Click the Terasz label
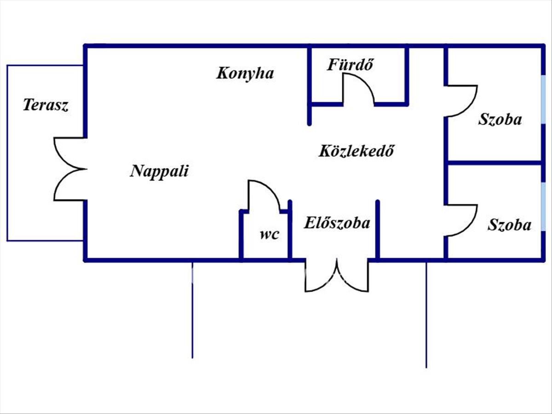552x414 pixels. pos(46,105)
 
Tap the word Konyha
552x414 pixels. pos(245,73)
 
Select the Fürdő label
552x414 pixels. pos(349,65)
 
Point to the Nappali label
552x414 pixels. pos(160,171)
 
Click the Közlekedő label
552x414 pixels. pos(357,151)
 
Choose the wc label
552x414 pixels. pos(269,235)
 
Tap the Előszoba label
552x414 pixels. pos(337,224)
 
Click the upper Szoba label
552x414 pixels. pos(500,120)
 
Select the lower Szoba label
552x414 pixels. pos(509,225)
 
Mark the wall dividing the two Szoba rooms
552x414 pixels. pos(494,163)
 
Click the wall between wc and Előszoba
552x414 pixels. pos(290,230)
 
